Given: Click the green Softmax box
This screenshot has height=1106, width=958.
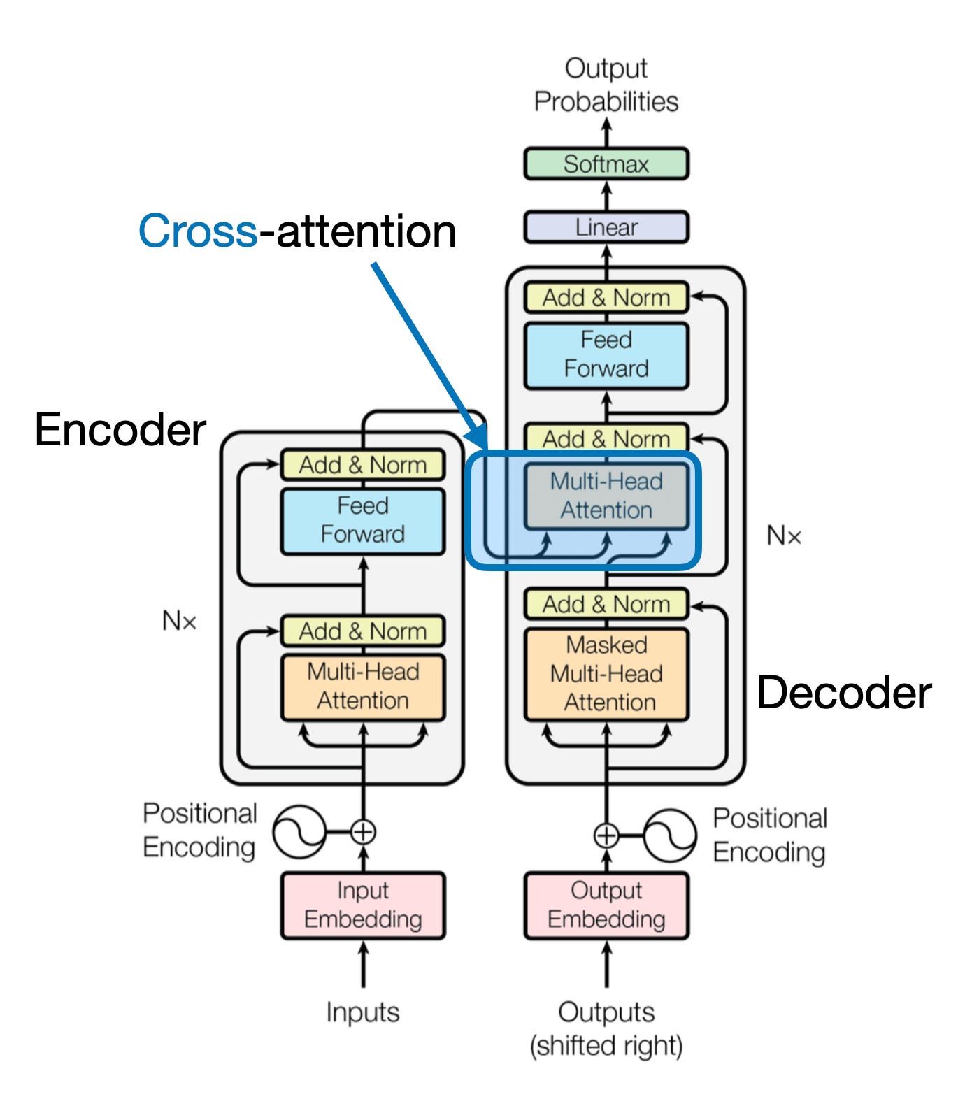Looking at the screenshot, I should click(x=606, y=164).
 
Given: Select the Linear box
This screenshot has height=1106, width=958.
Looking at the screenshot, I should click(x=606, y=227).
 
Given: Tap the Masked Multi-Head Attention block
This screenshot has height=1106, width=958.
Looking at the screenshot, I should click(x=606, y=674).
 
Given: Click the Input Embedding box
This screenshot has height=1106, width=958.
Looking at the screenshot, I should click(x=363, y=905).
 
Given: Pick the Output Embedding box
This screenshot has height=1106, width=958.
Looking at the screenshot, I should click(x=606, y=905).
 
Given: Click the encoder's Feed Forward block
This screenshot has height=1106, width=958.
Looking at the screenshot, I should click(x=363, y=520).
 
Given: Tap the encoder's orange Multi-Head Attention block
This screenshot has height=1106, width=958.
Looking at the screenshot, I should click(x=363, y=687).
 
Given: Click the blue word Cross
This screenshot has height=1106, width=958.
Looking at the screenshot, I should click(x=198, y=231).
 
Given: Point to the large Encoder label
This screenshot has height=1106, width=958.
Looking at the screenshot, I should click(x=120, y=429).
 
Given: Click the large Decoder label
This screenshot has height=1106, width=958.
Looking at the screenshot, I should click(x=844, y=693).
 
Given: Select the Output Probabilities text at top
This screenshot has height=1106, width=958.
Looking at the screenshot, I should click(x=606, y=85).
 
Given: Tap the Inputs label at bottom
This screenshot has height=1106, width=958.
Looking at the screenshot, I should click(x=363, y=1012).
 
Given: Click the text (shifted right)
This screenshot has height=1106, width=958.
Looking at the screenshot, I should click(x=606, y=1046).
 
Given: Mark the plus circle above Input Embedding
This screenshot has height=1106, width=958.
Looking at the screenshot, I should click(x=363, y=832).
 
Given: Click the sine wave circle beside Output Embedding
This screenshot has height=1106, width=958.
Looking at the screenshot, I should click(x=669, y=835).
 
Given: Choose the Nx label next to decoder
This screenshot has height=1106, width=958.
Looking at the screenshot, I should click(x=784, y=536).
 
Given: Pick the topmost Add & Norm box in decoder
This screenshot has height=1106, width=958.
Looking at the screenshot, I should click(x=606, y=298).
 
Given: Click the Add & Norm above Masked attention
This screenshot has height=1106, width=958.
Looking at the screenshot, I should click(x=606, y=604).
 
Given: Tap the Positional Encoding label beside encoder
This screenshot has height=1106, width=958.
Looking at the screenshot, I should click(x=200, y=831).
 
